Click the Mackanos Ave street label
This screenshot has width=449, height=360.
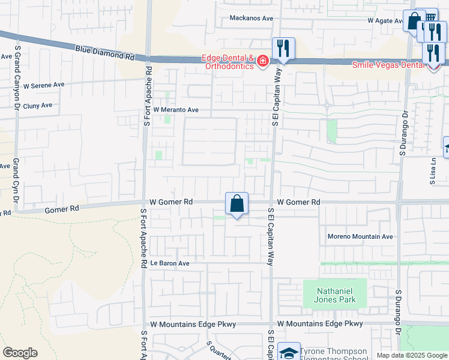click(251, 18)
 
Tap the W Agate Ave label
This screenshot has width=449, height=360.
click(386, 20)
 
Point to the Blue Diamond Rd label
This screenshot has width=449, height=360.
click(105, 53)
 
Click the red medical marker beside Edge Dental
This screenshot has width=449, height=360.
click(262, 61)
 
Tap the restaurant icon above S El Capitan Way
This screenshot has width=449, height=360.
click(283, 48)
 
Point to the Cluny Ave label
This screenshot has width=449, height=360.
click(37, 105)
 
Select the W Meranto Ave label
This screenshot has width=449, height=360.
click(175, 110)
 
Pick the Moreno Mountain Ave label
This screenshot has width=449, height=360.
click(360, 236)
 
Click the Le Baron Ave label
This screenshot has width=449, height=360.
click(170, 263)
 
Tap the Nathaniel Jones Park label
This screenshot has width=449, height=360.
click(335, 295)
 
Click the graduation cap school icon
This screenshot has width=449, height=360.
click(289, 353)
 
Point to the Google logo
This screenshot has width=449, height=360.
click(20, 353)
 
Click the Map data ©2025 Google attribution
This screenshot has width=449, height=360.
click(412, 355)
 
